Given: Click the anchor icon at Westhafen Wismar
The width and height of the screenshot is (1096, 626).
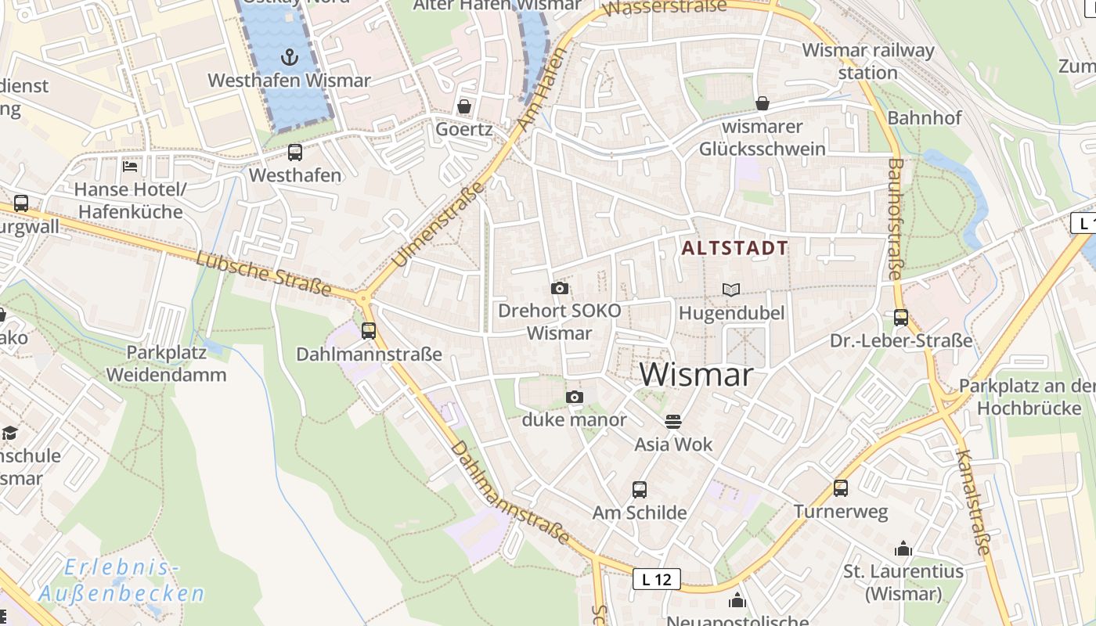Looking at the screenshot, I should coord(290,56).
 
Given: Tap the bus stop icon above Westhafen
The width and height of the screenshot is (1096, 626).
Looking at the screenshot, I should coord(295,153).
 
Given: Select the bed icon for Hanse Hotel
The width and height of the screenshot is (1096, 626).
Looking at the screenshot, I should coord(130,166).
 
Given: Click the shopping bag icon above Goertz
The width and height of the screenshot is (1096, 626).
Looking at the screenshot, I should coord(464,106).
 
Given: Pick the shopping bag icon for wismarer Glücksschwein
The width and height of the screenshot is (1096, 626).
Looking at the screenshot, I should coord(762,103).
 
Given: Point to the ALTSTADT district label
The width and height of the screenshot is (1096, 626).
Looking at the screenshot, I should coord(734,249).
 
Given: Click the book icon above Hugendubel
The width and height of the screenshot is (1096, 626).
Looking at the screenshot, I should coord(731,290).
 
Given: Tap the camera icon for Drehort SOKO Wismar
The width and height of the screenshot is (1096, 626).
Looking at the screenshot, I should coord(559,288).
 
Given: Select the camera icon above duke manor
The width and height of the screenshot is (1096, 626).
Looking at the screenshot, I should coord(575,398).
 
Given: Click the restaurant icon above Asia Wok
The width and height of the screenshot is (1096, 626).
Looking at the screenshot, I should coord(673,422).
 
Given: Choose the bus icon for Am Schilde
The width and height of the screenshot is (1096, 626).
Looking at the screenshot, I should coord(640,490).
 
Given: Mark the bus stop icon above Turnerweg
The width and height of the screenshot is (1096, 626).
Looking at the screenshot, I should coord(841,488).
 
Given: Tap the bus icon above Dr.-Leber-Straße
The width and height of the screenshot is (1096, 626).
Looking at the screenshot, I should coord(901,318).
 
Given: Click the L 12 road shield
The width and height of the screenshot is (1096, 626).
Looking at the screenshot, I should coord(656,579).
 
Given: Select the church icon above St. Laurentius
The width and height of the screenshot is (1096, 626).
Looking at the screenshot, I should coord(903,549).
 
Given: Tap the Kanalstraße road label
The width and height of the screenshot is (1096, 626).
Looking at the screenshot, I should coord(973,502).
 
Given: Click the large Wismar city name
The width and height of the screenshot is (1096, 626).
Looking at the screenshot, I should coord(696,375).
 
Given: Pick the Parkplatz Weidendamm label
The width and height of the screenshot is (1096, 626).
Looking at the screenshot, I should coord(166,363).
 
